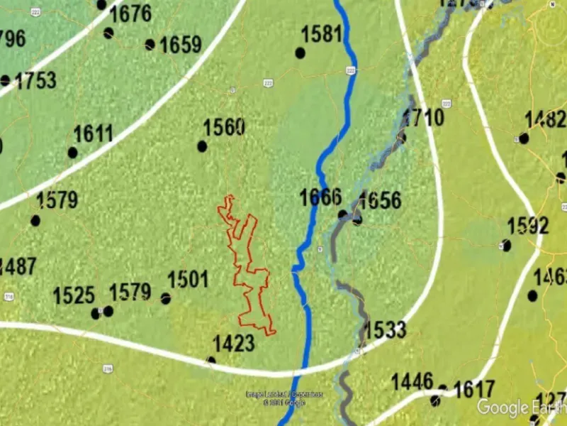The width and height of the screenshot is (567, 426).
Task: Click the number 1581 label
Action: point(322,34)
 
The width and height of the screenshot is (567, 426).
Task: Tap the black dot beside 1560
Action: point(202,146)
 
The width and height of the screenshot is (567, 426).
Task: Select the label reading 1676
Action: point(130,13)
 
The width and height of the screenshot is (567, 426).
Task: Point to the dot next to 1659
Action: point(150,44)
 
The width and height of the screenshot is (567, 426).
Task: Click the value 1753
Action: point(35,80)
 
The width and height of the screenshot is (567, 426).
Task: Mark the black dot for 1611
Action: point(72,153)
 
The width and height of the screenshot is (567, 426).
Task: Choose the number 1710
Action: point(423,117)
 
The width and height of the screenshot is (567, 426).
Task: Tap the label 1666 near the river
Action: point(320,197)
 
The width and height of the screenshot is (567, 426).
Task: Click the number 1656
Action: point(380,200)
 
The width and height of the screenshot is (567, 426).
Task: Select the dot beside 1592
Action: point(506,246)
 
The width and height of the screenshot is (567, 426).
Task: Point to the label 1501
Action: point(188,280)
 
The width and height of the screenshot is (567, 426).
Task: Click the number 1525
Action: point(74,295)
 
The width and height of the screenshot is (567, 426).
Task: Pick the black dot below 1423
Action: point(210,361)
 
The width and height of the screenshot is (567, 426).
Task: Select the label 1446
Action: point(412,382)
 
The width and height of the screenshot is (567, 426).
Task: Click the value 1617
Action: point(473,389)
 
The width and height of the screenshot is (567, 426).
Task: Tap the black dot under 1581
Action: point(300,53)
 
